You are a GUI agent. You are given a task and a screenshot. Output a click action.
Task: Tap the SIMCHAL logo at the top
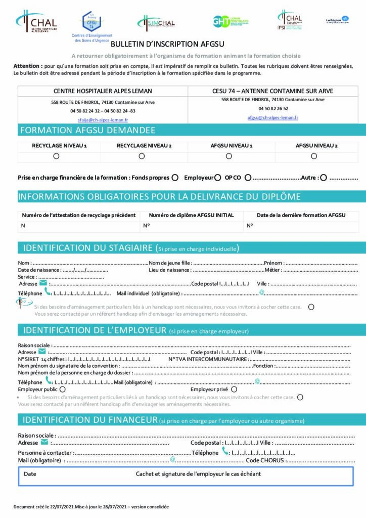156,23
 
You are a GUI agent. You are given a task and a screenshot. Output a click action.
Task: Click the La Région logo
337,20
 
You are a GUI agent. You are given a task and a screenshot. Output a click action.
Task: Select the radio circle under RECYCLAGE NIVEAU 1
56,156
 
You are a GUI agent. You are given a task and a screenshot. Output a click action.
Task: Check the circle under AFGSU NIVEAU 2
314,156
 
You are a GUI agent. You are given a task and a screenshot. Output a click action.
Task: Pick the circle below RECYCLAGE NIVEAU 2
142,156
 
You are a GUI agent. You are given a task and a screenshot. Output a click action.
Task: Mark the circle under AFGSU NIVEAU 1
229,156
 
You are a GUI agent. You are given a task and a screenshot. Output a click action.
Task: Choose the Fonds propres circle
175,178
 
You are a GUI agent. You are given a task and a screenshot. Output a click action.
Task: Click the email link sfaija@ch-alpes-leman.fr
103,120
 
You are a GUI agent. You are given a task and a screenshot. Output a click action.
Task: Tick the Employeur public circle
63,390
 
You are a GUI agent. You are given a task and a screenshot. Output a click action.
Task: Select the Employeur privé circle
234,390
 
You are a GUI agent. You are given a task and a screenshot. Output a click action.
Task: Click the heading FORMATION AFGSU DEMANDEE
87,131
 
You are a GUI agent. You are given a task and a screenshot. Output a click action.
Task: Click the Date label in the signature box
30,474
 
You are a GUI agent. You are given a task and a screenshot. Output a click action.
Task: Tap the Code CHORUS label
265,460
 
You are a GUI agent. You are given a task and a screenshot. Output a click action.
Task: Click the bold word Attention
27,66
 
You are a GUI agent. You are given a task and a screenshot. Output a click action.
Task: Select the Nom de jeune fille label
170,263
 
